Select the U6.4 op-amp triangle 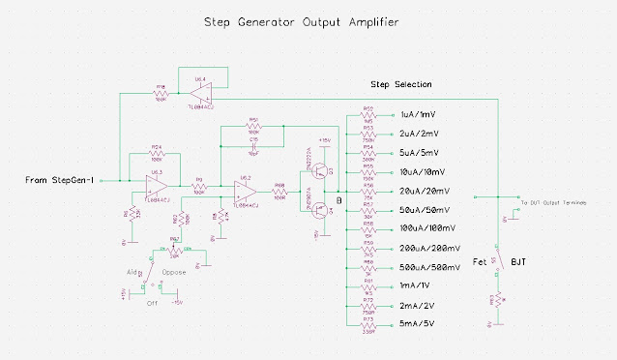201,93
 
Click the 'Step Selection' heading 401,85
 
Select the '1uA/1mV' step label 418,114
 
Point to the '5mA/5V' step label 418,321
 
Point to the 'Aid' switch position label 128,272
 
